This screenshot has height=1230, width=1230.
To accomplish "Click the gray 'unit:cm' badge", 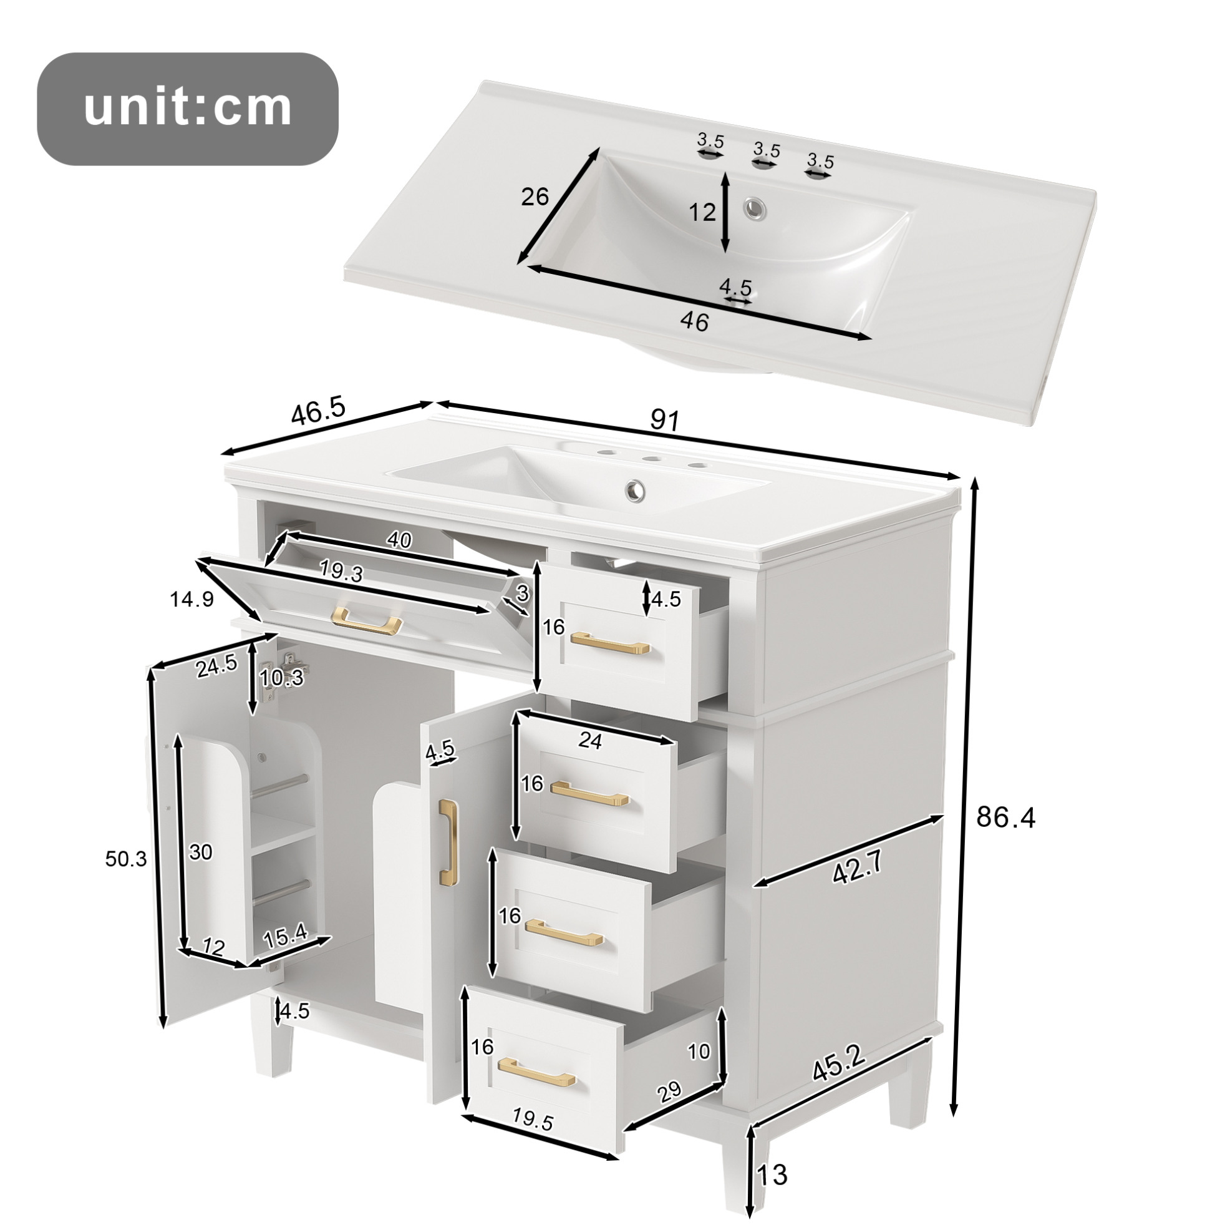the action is tap(188, 109).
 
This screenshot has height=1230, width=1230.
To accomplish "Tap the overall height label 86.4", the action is tap(1006, 818).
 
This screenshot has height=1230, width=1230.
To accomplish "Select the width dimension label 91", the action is tap(666, 421).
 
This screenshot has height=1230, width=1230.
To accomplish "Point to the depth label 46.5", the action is tap(318, 411).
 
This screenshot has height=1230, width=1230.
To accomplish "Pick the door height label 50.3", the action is tap(126, 859).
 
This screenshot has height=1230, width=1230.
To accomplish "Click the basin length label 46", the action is tap(694, 322).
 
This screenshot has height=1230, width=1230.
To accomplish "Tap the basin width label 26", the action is tap(535, 197).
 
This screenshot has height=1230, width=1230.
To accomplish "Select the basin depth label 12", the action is tap(702, 212).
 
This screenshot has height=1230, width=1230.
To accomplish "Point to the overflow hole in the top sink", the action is tap(755, 207).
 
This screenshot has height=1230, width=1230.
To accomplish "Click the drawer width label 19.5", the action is tap(532, 1138).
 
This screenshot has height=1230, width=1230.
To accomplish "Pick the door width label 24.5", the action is tap(217, 666).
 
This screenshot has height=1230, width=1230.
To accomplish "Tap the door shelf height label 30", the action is tap(201, 852).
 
